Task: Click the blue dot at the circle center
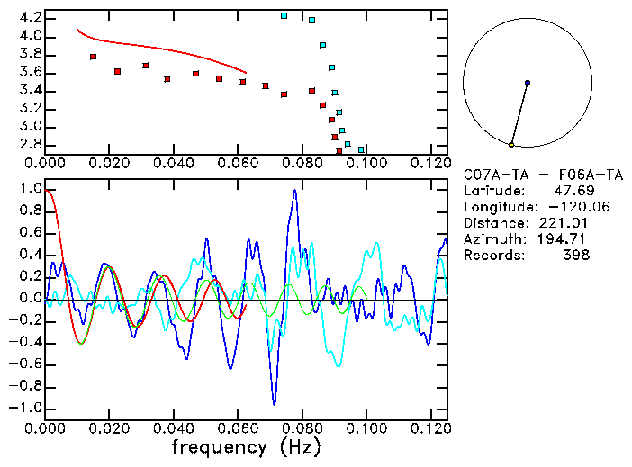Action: tap(527, 83)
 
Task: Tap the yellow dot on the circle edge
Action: tap(510, 145)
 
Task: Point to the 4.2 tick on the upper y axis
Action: tap(31, 18)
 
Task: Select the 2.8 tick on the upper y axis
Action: tap(31, 144)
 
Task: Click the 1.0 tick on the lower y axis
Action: tap(31, 190)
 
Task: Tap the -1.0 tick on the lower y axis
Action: tap(27, 408)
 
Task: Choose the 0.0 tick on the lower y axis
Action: tap(31, 299)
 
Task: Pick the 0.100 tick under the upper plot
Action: tap(366, 163)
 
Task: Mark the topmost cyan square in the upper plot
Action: tap(284, 15)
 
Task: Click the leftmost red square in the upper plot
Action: tap(93, 57)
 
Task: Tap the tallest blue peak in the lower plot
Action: tap(293, 191)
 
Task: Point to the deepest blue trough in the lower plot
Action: tap(275, 404)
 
